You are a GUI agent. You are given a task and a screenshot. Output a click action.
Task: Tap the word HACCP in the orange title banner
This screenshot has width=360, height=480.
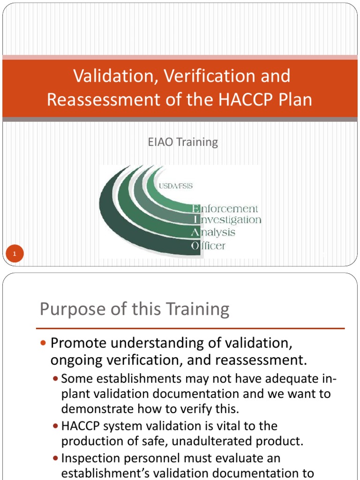pos(237,100)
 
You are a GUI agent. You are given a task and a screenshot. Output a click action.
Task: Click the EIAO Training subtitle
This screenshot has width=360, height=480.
pos(183,142)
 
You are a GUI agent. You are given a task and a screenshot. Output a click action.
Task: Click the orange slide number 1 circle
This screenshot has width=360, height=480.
pos(15,255)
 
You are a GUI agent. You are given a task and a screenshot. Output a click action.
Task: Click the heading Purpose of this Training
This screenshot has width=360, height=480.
pos(135,309)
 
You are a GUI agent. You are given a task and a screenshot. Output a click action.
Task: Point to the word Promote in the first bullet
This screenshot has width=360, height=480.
pos(76,343)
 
